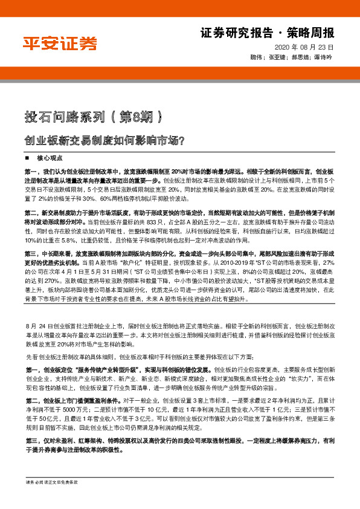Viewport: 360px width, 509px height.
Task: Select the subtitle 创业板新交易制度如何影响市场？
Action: pyautogui.click(x=104, y=141)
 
